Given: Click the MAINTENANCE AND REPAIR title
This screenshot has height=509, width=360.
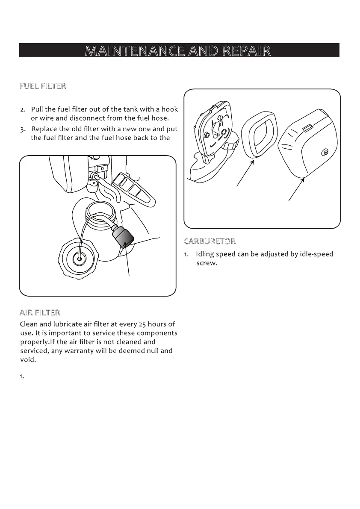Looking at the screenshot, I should [x=178, y=51].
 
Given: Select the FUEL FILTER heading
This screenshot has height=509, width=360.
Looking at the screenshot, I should [x=43, y=86].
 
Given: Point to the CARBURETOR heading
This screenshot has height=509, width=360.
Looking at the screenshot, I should [x=210, y=241].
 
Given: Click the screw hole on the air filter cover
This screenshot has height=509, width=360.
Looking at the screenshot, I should [x=325, y=153].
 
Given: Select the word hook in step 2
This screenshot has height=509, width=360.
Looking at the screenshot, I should [x=169, y=109].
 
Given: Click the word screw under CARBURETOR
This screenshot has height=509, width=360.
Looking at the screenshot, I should [x=207, y=263].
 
